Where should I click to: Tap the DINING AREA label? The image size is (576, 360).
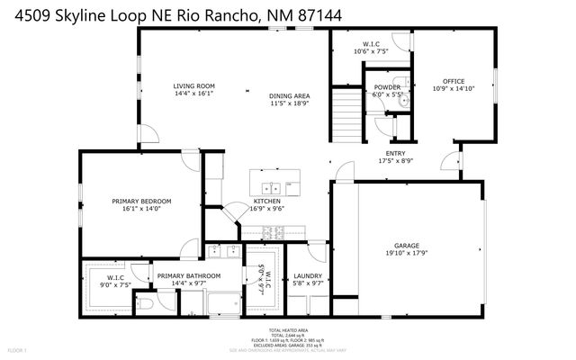[x=289, y=95]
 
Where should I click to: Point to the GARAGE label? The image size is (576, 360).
[x=407, y=245]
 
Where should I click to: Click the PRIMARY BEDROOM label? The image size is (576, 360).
[x=141, y=201]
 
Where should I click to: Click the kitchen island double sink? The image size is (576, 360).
[x=273, y=188]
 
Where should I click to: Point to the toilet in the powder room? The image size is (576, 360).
[x=401, y=102]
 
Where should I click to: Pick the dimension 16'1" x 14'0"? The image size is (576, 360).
[x=141, y=209]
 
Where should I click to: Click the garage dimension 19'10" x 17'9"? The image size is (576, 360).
[x=407, y=253]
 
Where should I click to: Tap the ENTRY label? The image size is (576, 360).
[x=395, y=153]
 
